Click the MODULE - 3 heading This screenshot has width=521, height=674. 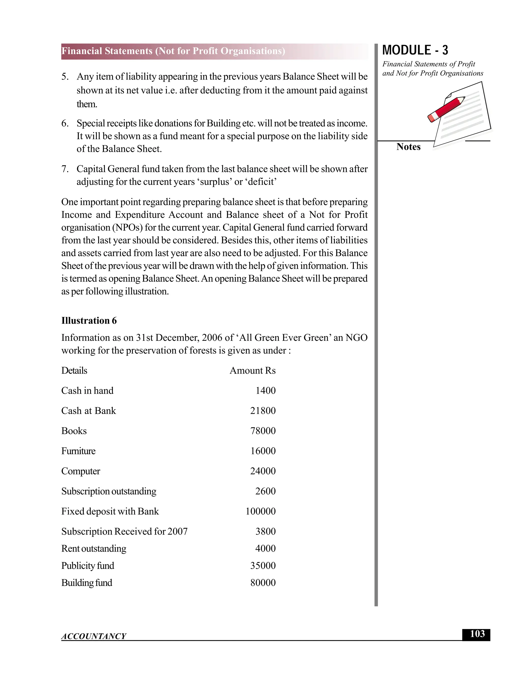coord(415,50)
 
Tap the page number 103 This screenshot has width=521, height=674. coord(477,634)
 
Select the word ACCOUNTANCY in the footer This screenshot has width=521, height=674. coord(94,636)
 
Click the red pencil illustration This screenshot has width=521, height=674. coord(446,110)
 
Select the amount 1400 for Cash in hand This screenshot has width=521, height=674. coord(265,390)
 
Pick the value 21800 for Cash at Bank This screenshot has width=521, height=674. coord(263,411)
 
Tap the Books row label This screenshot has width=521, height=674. coord(74,431)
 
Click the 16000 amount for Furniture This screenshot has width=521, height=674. coord(263,451)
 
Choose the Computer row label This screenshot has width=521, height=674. coord(81,471)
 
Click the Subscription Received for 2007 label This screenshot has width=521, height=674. coord(124,531)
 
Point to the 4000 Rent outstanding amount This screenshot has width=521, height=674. coord(265,548)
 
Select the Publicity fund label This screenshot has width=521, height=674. coord(88,565)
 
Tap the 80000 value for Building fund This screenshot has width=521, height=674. coord(263,582)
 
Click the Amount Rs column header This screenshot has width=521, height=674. coord(252,370)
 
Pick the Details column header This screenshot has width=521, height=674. coord(74,370)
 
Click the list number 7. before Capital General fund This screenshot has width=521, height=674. coord(65,169)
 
